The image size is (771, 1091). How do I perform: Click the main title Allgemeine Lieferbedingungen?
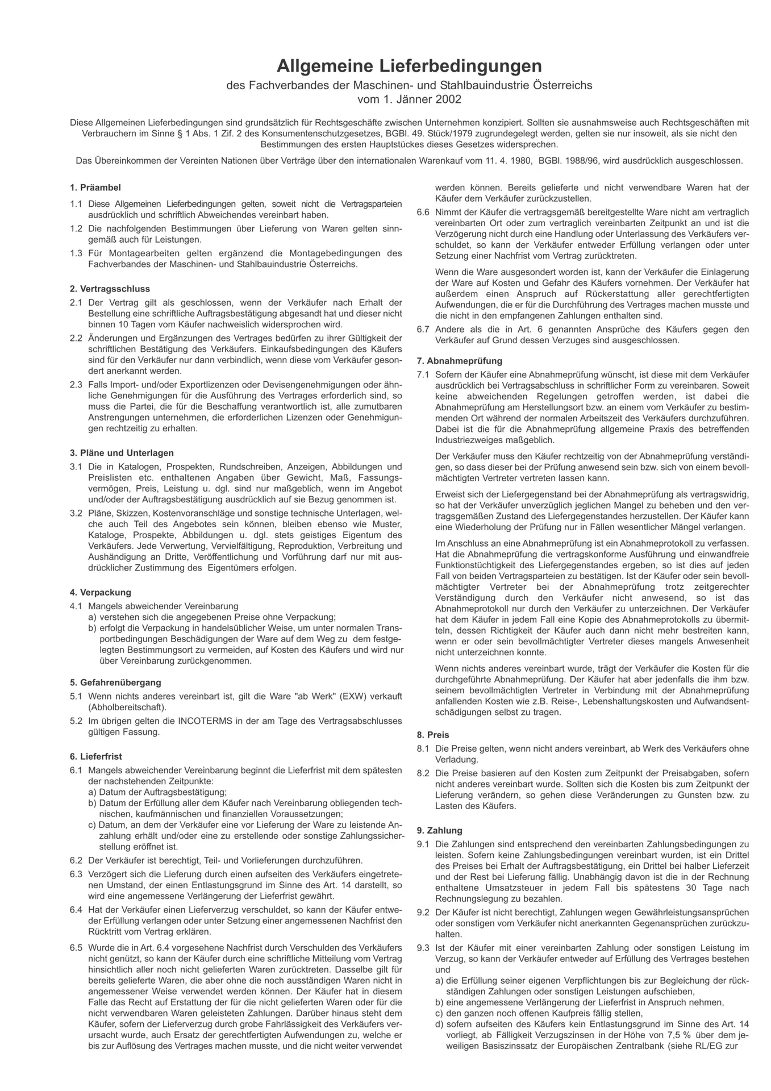click(x=409, y=66)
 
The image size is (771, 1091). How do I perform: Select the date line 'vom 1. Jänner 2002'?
click(x=409, y=99)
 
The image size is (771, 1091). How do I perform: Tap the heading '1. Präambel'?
click(x=95, y=188)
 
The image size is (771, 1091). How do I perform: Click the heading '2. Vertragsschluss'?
click(x=110, y=289)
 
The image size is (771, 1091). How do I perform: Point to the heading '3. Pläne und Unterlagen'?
click(x=122, y=453)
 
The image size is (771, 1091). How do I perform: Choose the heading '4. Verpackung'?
click(x=101, y=592)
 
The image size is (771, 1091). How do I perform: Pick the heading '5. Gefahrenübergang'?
click(x=116, y=682)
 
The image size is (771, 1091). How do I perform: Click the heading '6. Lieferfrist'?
click(x=96, y=757)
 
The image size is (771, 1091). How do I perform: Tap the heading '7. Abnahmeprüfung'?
click(x=460, y=361)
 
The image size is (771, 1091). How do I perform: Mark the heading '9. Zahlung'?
click(x=440, y=830)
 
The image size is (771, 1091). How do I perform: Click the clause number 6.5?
click(x=76, y=948)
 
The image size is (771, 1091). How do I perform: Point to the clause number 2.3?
click(x=76, y=385)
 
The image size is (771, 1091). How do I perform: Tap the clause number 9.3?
click(x=423, y=948)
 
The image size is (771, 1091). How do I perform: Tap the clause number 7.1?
click(x=423, y=374)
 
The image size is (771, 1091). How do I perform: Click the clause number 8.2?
click(x=423, y=773)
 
